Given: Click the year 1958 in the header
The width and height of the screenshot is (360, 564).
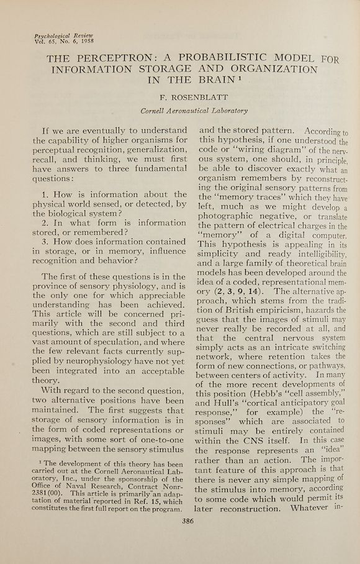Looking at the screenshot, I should point(82,43).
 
